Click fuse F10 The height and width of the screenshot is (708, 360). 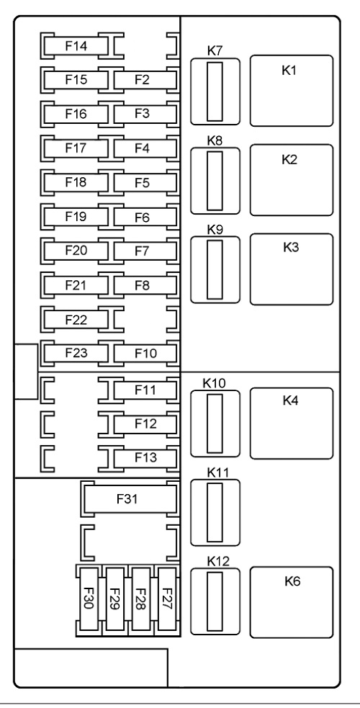coord(145,354)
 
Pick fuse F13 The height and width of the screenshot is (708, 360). coord(145,458)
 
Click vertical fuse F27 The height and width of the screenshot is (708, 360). coord(166,599)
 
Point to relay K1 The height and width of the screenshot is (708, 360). coord(292,91)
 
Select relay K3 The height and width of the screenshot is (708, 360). coord(292,269)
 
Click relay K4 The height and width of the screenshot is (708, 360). coord(292,423)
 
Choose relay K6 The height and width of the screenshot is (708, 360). coord(292,602)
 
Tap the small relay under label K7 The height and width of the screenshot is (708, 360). coord(215,91)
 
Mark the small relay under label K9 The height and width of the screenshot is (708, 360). coord(215,269)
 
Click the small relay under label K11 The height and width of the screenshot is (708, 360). coord(215,513)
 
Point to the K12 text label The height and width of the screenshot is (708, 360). coord(218,561)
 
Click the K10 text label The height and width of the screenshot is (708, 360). coord(214,383)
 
